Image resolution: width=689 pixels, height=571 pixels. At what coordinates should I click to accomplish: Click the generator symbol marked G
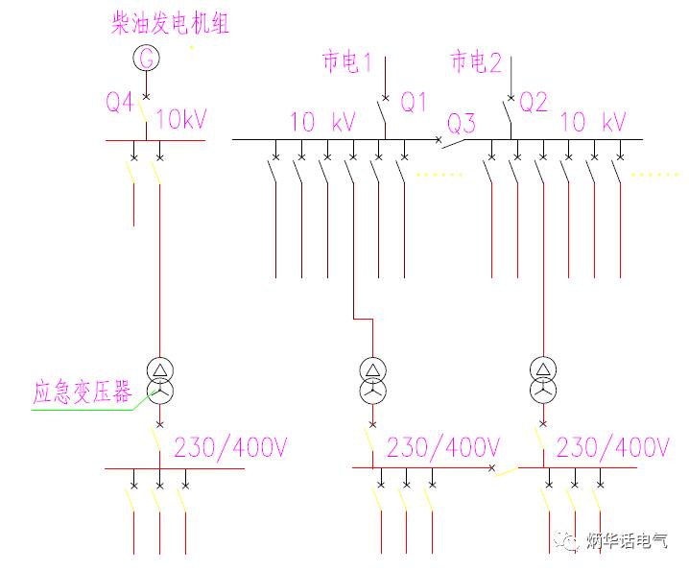pos(147,59)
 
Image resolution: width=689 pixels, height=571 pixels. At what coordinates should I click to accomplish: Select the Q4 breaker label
pos(120,102)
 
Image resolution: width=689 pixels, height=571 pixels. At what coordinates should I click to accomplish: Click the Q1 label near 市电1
pos(414,102)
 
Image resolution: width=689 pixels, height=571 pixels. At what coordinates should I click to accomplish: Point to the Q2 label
pos(534,102)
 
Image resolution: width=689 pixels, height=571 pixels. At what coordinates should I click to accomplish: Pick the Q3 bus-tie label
pos(462,124)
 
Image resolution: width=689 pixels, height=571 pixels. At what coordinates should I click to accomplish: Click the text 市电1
pos(346,63)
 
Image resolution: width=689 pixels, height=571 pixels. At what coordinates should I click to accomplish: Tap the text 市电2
pos(477,63)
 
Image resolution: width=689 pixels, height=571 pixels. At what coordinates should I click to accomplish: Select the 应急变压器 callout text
pos(83,393)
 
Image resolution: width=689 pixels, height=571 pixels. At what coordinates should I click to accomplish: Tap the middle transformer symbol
pos(371,380)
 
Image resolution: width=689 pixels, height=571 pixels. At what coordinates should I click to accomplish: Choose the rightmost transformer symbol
pos(543,380)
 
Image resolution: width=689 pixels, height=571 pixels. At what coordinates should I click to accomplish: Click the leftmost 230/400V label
pos(230,447)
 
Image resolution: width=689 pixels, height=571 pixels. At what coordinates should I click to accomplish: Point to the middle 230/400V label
pos(442,447)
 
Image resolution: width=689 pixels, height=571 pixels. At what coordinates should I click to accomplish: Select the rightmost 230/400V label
pos(612,447)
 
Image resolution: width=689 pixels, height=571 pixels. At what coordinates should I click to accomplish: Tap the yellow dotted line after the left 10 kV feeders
pos(440,175)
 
